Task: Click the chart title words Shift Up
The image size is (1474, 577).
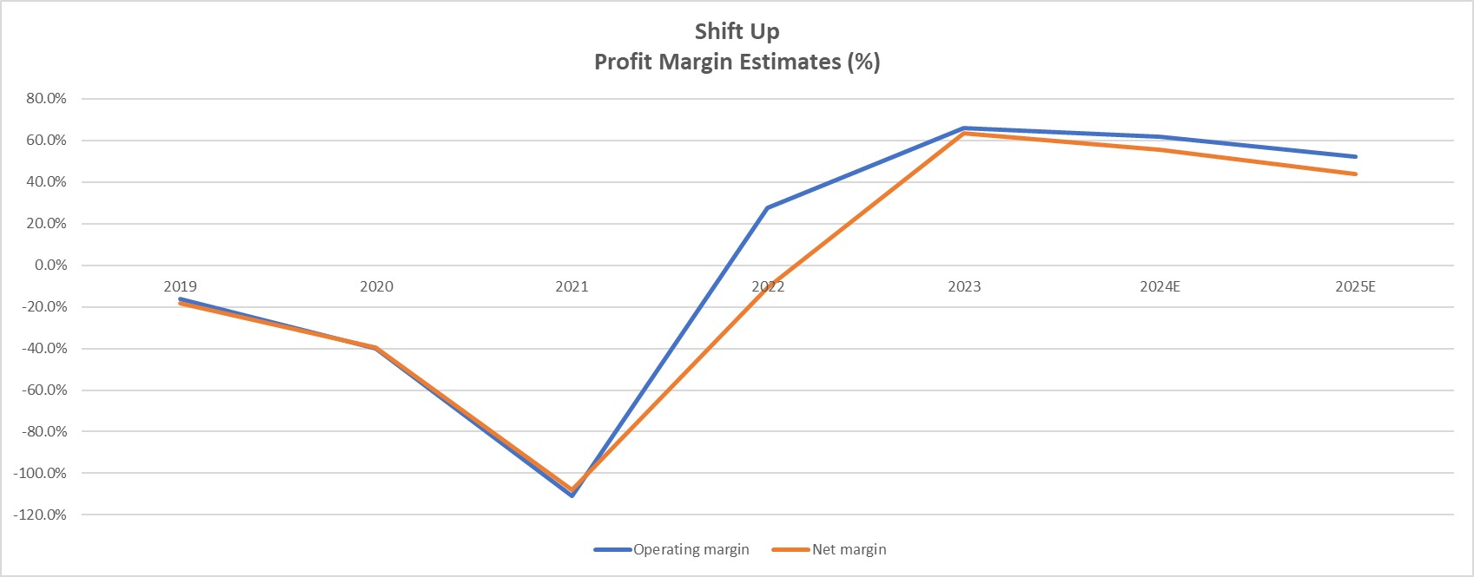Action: click(737, 31)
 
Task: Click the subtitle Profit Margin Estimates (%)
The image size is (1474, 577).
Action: click(737, 62)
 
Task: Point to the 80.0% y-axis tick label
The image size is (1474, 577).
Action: click(46, 99)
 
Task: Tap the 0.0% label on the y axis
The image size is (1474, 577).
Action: click(50, 266)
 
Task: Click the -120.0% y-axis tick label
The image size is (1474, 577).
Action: click(40, 515)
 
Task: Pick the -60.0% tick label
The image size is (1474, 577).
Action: click(43, 390)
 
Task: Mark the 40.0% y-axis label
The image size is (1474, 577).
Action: click(46, 182)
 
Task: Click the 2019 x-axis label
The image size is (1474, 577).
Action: click(180, 286)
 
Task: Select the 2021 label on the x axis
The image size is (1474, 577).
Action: click(572, 286)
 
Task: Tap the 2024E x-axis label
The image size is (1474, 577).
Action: click(1160, 286)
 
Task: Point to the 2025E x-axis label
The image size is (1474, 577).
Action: click(1355, 286)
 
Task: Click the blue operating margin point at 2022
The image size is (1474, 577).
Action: click(768, 207)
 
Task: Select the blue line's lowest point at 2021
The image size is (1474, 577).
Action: click(572, 495)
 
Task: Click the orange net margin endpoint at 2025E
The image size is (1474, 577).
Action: click(1356, 174)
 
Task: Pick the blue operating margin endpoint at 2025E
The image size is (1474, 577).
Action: click(1356, 156)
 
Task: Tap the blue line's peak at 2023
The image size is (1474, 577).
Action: click(964, 128)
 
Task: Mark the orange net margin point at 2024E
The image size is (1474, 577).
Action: click(1160, 149)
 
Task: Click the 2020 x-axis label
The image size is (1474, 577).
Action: click(376, 286)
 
